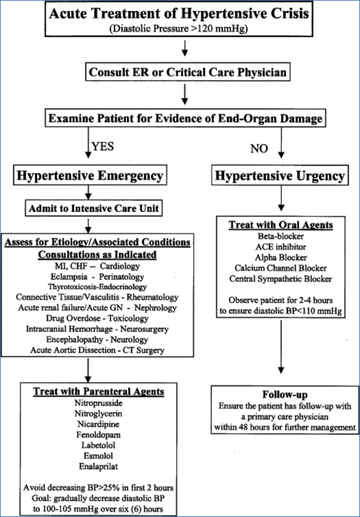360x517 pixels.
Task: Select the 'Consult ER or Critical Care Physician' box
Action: pos(187,72)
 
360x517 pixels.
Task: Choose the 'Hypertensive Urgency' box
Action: pos(280,176)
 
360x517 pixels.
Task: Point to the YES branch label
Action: pos(102,146)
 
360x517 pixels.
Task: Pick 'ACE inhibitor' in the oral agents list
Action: pos(281,246)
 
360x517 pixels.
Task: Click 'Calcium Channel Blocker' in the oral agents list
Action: pos(281,268)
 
